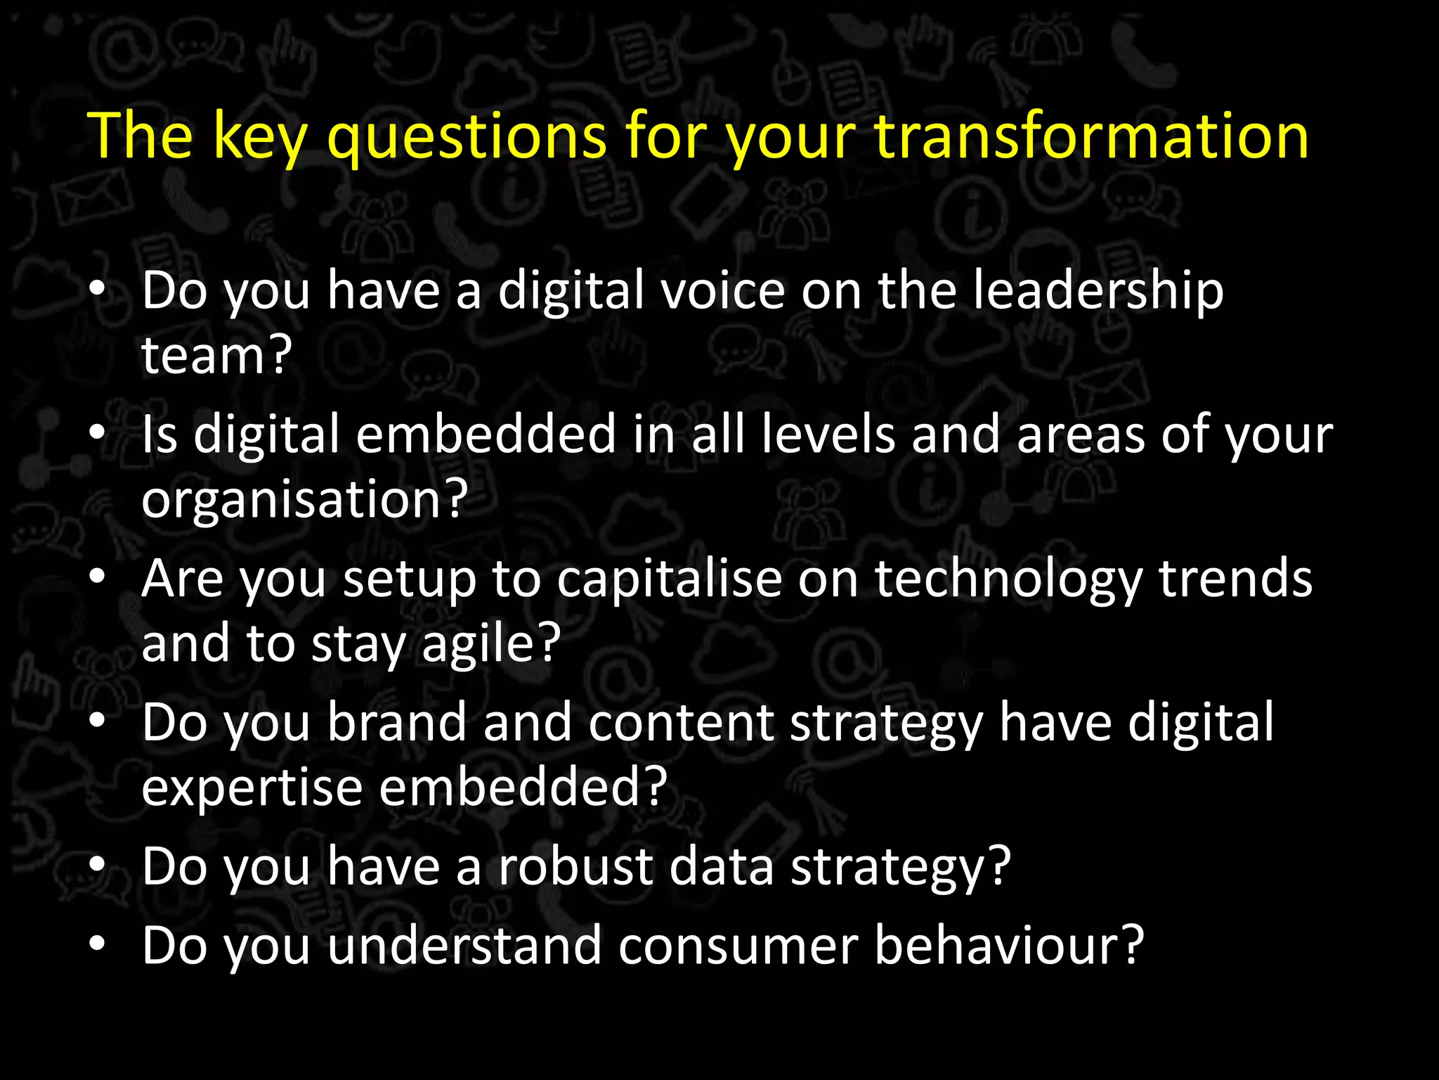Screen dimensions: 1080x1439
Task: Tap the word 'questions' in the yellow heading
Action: coord(467,138)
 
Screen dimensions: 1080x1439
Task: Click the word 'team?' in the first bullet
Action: coord(216,355)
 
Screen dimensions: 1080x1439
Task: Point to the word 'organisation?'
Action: coord(304,499)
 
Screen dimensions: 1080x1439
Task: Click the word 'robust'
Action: coord(575,866)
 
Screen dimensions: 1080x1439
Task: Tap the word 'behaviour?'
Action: coord(1010,946)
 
